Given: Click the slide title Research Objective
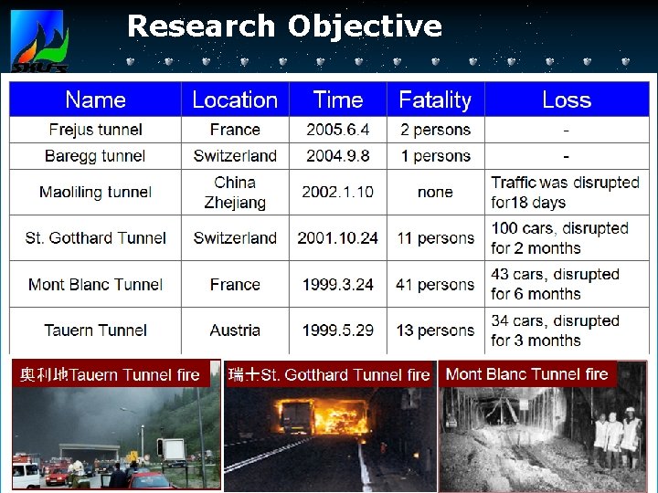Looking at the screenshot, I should pos(284,26).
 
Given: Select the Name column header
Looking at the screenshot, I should pos(95,100).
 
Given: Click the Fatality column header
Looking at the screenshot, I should pos(435,100).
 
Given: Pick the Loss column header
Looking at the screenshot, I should pos(566,100).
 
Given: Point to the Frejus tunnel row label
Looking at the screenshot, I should pos(95,130).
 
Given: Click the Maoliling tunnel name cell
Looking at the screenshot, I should pos(95,192).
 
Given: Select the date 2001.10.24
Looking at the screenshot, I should pos(337,237).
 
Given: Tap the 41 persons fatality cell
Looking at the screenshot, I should pos(435,284).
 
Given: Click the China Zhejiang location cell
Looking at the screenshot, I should pos(235,192).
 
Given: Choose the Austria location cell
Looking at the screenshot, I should pos(235,330).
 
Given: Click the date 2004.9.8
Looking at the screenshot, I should pos(337,155).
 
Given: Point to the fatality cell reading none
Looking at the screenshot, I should pos(435,192).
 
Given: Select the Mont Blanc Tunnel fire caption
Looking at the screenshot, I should pos(526,373).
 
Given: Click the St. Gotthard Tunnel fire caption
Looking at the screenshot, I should pos(329,374).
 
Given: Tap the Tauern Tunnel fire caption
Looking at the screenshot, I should pos(111,374).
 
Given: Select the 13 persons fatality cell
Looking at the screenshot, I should pos(435,330).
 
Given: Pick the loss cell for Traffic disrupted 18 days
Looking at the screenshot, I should pos(565,192).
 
